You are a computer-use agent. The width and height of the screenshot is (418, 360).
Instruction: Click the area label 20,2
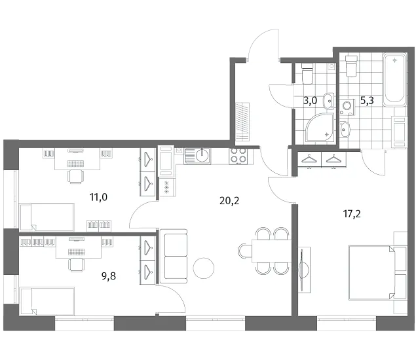pos(229,201)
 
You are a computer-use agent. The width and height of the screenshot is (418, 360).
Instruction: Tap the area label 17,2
pos(352,214)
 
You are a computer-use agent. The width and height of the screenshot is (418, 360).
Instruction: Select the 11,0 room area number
pos(98,197)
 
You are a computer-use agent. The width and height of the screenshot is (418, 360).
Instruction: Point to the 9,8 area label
pos(109,276)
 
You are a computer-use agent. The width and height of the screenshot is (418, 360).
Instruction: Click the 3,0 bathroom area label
pos(310,101)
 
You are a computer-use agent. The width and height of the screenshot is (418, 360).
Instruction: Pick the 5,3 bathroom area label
pos(367,101)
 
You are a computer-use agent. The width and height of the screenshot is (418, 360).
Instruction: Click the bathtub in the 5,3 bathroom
pos(394,79)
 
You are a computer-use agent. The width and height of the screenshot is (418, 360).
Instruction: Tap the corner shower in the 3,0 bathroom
pos(320,127)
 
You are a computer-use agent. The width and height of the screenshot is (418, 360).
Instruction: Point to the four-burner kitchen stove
pos(238,156)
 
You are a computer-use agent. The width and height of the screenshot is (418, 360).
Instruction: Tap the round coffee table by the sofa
pos(203,268)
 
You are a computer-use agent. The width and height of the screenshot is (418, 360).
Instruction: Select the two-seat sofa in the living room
pos(174,256)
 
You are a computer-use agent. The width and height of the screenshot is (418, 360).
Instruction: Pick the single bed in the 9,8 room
pos(47,301)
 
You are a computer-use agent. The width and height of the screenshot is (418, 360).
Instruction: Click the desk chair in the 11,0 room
pos(76,176)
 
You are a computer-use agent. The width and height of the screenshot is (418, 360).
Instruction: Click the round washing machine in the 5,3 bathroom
pos(347,107)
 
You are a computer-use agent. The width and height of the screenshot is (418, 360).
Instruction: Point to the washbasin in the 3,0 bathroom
pos(329,101)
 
